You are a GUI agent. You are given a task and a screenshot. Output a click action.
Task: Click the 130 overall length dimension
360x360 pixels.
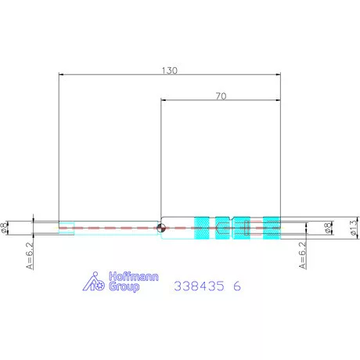tap(170, 70)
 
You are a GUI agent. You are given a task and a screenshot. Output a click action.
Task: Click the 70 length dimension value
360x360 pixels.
tap(221, 96)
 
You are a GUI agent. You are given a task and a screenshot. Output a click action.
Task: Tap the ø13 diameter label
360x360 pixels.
tap(354, 228)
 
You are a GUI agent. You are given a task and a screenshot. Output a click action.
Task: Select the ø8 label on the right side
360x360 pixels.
tap(328, 228)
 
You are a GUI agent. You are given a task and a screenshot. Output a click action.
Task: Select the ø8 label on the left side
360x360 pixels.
tap(4, 228)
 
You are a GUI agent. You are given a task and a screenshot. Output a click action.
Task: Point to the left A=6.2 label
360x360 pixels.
tap(30, 256)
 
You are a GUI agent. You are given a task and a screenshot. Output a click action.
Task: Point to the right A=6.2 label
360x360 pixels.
tap(302, 255)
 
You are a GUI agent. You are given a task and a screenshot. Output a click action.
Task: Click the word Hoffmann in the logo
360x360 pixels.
tap(134, 276)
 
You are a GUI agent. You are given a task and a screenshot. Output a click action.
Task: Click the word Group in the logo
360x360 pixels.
tap(124, 286)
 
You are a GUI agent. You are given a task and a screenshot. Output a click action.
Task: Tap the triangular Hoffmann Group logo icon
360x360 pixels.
tap(94, 282)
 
